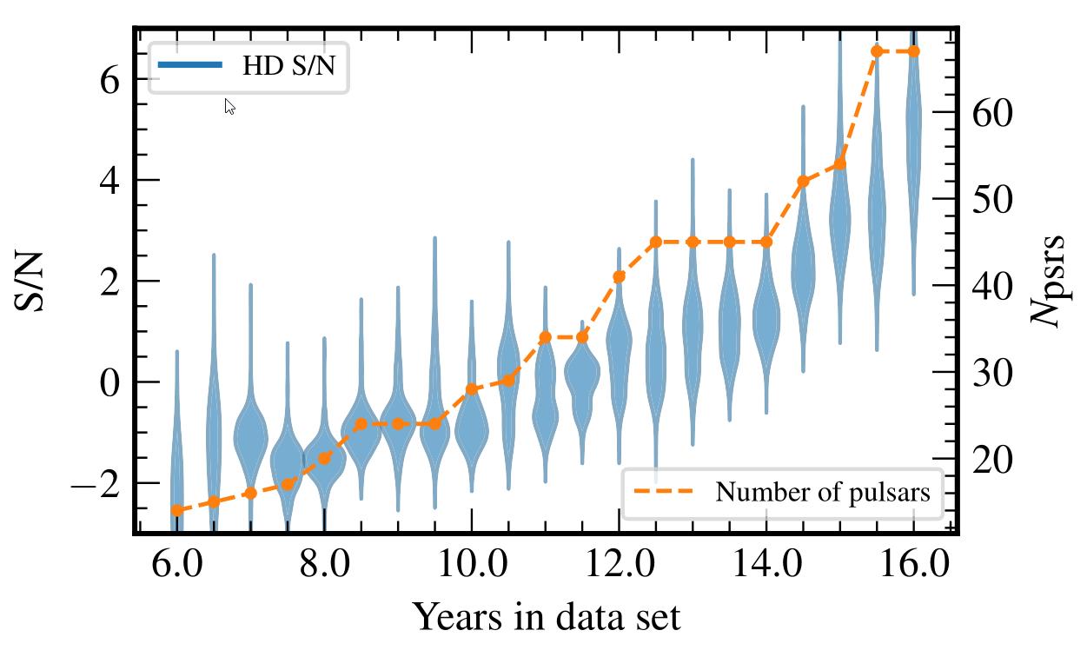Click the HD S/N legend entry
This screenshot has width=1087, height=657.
(250, 66)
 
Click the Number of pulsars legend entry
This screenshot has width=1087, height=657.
(782, 493)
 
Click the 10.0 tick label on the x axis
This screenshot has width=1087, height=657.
(471, 566)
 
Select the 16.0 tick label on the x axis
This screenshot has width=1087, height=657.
(912, 566)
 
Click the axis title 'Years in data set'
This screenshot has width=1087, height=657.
(546, 617)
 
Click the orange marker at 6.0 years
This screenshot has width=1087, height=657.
(176, 510)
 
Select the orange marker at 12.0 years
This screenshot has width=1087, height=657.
(619, 276)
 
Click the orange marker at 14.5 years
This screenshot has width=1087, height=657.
(803, 181)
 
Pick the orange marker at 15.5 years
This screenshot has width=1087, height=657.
(877, 51)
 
